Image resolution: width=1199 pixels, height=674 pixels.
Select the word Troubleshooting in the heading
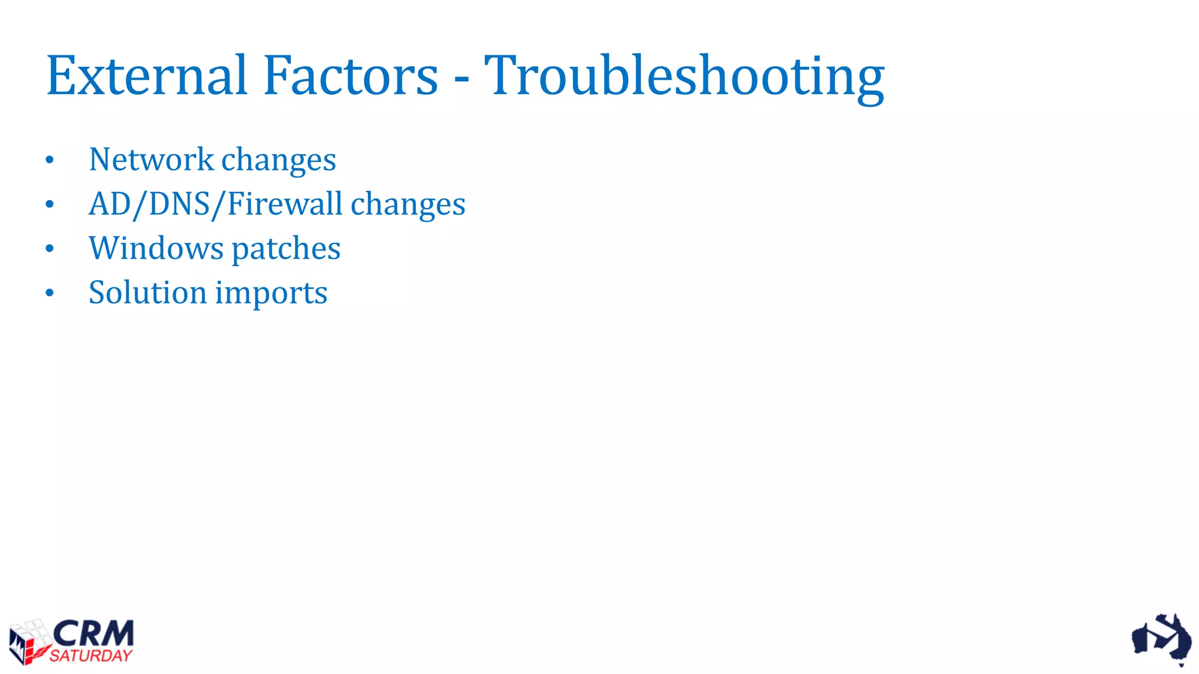coord(684,77)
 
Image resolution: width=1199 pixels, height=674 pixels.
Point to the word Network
coord(151,159)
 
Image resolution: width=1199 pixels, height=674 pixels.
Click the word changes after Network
coord(279,160)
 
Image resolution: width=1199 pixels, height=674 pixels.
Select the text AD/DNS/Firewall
coord(215,204)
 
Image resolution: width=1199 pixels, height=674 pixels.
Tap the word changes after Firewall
coord(407,204)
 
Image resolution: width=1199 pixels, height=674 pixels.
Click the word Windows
coord(156,248)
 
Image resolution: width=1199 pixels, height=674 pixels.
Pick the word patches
coord(286,249)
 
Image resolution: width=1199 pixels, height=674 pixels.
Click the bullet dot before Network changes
coord(50,160)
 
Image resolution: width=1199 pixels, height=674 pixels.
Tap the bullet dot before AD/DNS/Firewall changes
coord(50,204)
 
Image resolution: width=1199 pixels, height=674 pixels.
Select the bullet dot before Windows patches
coord(50,249)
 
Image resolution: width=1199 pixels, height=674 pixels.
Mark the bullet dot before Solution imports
coord(50,293)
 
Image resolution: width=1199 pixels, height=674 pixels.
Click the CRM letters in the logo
coord(94,634)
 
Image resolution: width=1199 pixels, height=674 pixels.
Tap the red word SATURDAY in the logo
coord(91,656)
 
